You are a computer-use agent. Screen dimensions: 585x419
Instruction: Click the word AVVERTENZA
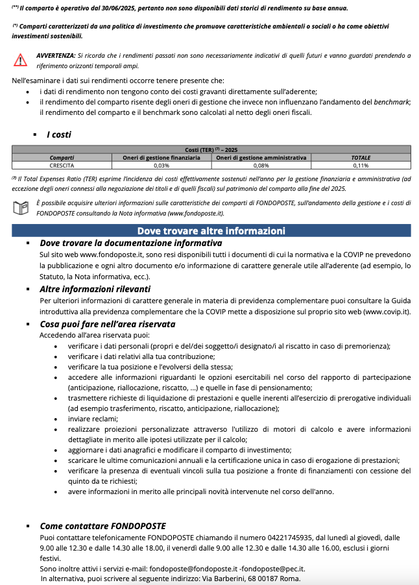[55, 56]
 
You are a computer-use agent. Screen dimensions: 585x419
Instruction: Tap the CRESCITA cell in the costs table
[62, 165]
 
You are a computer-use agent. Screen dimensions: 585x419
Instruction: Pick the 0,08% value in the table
[261, 165]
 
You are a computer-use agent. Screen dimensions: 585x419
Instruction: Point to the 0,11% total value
[361, 165]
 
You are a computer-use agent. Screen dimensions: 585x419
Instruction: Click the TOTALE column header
[361, 158]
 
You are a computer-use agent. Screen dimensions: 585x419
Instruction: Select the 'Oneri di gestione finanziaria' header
[162, 158]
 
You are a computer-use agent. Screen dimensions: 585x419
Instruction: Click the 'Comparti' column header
[62, 158]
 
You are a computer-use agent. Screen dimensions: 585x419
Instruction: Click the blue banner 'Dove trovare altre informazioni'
[211, 230]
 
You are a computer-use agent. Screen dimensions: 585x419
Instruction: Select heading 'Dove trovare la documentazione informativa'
[130, 243]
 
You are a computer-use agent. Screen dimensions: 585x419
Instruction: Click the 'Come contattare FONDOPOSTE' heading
[102, 526]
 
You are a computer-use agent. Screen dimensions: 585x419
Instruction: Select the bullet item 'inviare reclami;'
[93, 419]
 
